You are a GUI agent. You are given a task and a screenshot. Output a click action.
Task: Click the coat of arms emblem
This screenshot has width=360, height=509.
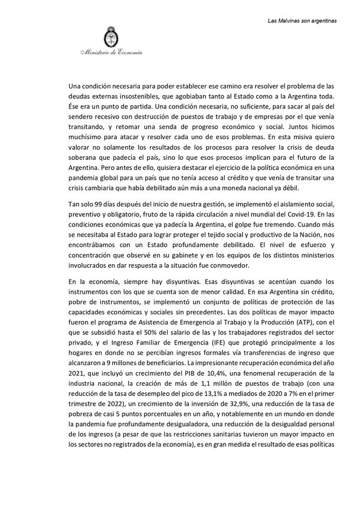(x=109, y=37)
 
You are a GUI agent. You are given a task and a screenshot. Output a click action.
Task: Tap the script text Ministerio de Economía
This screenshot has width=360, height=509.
(x=111, y=54)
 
